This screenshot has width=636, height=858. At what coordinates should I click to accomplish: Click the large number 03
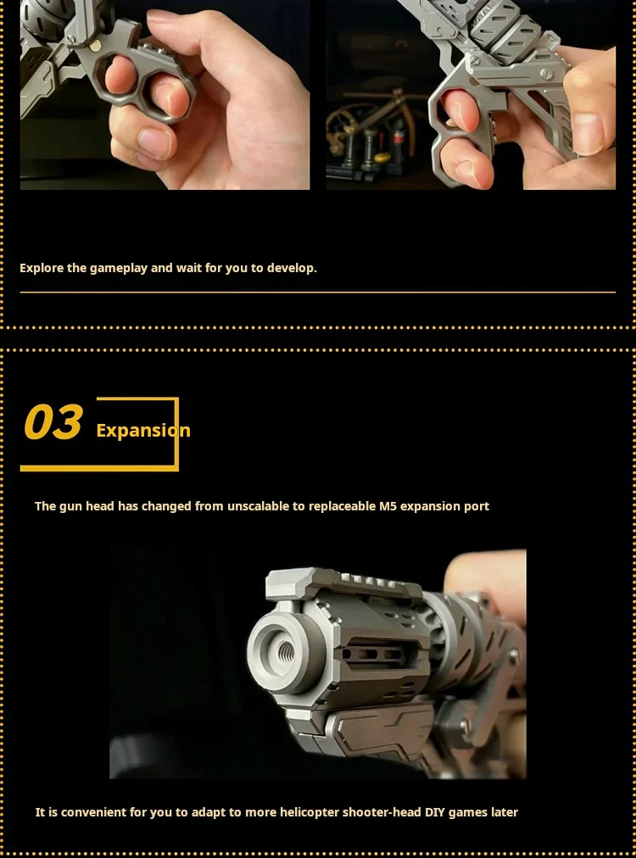[53, 422]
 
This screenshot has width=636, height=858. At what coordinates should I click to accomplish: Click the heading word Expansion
[143, 431]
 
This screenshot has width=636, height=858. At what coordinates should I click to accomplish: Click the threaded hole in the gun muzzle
[287, 651]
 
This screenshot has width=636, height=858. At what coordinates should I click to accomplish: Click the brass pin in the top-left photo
[95, 46]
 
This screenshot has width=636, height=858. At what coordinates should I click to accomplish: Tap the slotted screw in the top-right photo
[546, 74]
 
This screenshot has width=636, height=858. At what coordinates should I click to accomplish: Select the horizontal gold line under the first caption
[318, 292]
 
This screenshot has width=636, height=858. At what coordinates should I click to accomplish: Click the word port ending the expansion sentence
[477, 507]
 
